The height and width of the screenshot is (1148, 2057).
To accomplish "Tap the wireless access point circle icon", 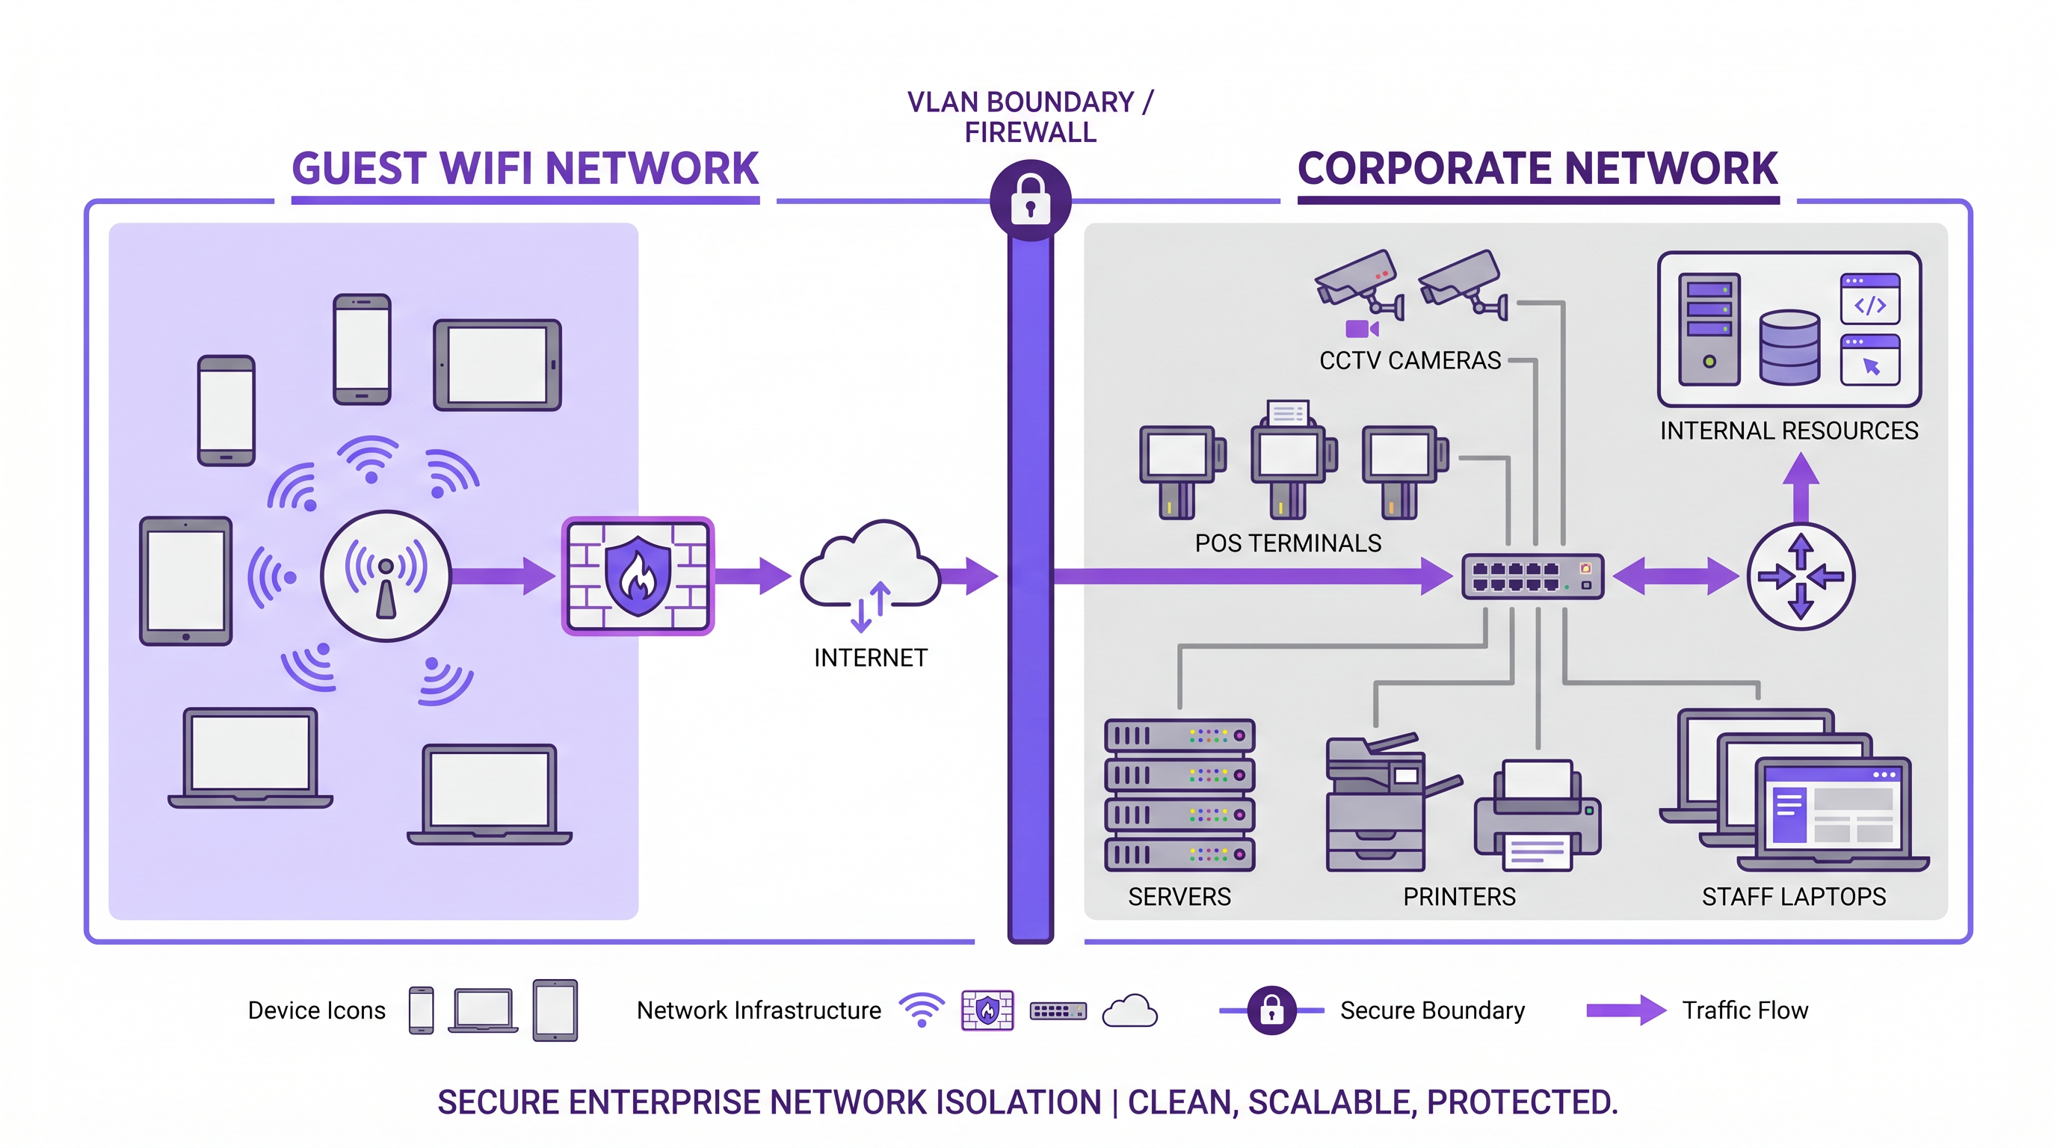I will (386, 575).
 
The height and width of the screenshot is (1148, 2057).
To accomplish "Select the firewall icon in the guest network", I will (638, 575).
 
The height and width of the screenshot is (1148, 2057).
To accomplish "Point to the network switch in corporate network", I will (1532, 576).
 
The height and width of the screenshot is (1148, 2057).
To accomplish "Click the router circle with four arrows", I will (1800, 576).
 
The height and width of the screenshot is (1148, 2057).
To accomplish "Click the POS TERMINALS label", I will (1287, 543).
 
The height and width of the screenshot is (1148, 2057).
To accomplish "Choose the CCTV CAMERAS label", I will (1410, 361).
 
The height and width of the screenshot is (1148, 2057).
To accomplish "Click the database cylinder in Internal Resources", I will (1789, 348).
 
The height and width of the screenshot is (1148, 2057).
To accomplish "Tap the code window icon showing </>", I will (1869, 298).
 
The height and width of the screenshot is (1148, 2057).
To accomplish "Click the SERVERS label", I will (1179, 898).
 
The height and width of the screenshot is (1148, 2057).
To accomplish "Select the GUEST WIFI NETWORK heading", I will (525, 168).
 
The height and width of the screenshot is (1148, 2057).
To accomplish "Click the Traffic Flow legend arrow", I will (1625, 1010).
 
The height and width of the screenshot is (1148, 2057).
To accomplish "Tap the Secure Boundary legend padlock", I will (1271, 1010).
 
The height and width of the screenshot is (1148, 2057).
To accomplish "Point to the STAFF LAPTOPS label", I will (1792, 898).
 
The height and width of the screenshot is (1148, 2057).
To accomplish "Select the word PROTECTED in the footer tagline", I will (1521, 1102).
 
